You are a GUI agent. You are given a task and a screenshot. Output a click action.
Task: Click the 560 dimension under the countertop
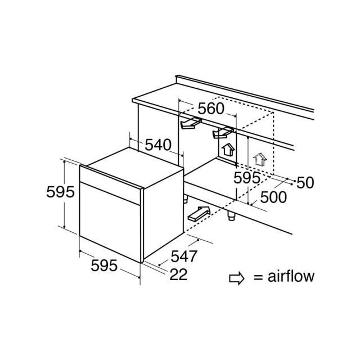pyautogui.click(x=211, y=109)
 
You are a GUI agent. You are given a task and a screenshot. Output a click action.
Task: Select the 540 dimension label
pyautogui.click(x=158, y=145)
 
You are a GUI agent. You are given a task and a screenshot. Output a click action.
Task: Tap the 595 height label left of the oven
pyautogui.click(x=60, y=192)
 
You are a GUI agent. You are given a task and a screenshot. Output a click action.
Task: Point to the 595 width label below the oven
pyautogui.click(x=104, y=265)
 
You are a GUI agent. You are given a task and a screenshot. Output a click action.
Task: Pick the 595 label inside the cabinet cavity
pyautogui.click(x=247, y=178)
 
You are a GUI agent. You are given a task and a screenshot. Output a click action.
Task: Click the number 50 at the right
pyautogui.click(x=305, y=183)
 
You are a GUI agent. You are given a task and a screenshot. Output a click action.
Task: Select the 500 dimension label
pyautogui.click(x=273, y=197)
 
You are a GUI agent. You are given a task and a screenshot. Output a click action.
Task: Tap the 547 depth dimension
pyautogui.click(x=184, y=256)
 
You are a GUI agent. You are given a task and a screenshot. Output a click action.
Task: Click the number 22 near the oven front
pyautogui.click(x=178, y=274)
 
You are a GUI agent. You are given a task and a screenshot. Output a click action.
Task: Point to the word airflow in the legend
pyautogui.click(x=291, y=276)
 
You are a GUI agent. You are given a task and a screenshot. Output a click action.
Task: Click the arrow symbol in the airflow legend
pyautogui.click(x=236, y=278)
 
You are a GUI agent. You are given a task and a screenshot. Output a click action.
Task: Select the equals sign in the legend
pyautogui.click(x=258, y=277)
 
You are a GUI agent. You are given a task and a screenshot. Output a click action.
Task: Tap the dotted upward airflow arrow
pyautogui.click(x=260, y=159)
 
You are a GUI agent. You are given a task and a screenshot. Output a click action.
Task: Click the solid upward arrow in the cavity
pyautogui.click(x=228, y=150)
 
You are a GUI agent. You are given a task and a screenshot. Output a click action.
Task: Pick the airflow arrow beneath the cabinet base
pyautogui.click(x=199, y=214)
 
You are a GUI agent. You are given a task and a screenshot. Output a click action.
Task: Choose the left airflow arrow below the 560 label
pyautogui.click(x=191, y=123)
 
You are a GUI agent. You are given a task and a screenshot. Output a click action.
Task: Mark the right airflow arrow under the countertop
pyautogui.click(x=223, y=133)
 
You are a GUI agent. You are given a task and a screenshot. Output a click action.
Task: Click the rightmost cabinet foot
pyautogui.click(x=231, y=215)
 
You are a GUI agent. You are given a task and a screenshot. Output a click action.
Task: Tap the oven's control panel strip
pyautogui.click(x=110, y=184)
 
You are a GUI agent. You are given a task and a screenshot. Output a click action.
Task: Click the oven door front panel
pyautogui.click(x=110, y=222)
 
